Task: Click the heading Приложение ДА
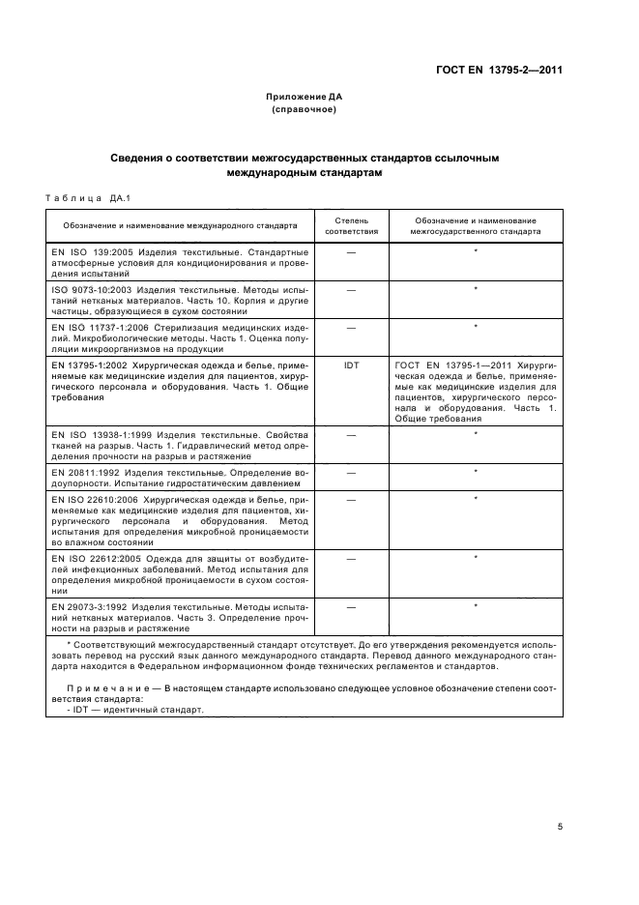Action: (305, 98)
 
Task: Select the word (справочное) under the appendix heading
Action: (305, 109)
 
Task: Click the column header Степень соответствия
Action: (351, 226)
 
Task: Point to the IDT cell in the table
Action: (351, 366)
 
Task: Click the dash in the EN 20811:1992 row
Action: (351, 471)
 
